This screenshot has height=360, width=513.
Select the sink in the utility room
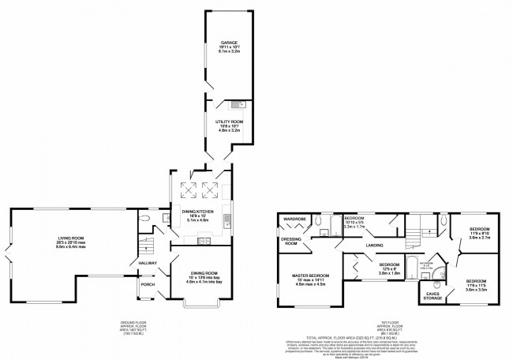point(238,104)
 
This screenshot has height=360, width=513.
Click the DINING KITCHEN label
point(201,212)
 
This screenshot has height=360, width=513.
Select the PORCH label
point(147,285)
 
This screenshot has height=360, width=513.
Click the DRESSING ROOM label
point(291,242)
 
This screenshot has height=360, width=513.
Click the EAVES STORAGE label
point(432,296)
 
